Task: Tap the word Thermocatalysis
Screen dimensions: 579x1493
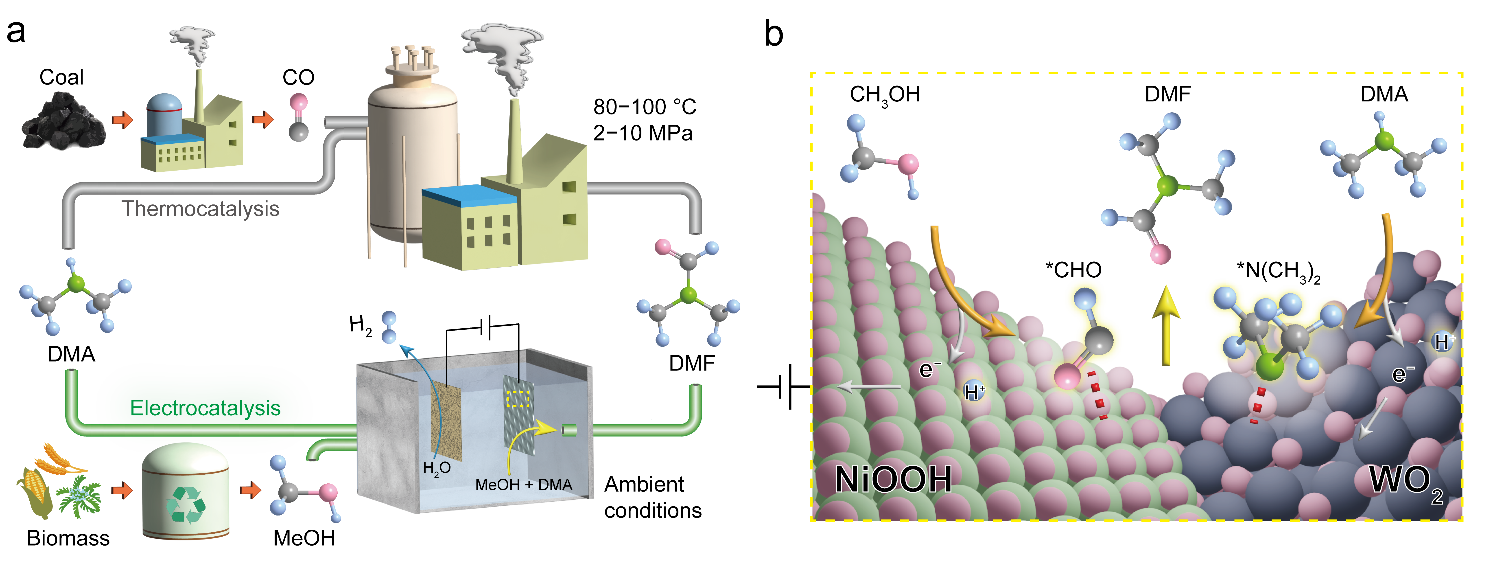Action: click(200, 209)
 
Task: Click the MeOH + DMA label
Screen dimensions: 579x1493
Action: click(523, 485)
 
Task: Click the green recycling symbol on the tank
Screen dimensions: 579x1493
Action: click(186, 504)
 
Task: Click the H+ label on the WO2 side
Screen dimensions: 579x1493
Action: click(1443, 342)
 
